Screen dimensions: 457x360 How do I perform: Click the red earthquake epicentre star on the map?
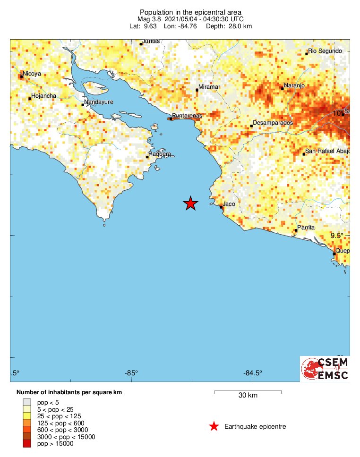[190, 203]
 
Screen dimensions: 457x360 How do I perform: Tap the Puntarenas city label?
[187, 115]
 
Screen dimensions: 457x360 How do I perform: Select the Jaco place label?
[229, 204]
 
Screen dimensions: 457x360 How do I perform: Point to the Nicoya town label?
[32, 74]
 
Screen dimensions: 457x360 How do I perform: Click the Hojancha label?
[43, 96]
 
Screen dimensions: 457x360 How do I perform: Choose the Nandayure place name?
[99, 102]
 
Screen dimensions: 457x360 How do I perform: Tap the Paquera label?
[160, 154]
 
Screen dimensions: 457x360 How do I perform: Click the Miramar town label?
[209, 87]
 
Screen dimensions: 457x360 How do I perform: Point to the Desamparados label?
[273, 123]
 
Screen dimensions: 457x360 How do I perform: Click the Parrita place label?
[306, 228]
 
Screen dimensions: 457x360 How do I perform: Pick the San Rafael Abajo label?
[327, 151]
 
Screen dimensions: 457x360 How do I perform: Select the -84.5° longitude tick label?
[253, 373]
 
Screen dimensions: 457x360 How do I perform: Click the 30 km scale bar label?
[248, 396]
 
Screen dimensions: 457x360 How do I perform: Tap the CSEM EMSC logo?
[325, 369]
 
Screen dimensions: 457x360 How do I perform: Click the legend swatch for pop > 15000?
[26, 443]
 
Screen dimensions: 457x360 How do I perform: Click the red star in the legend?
[214, 427]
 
